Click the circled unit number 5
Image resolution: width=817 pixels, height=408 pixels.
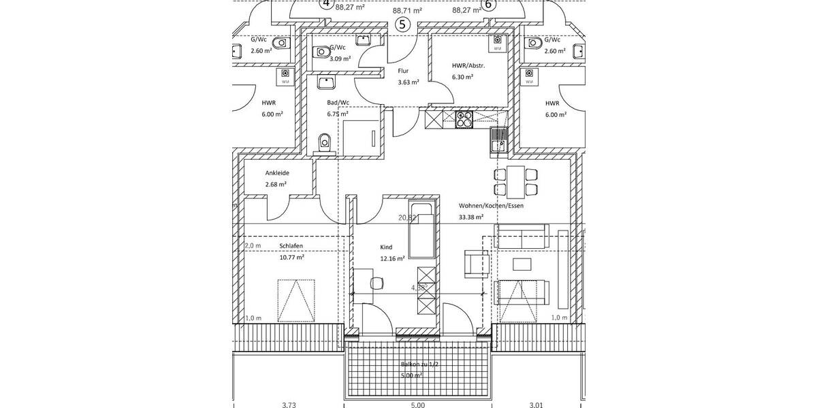pyautogui.click(x=402, y=25)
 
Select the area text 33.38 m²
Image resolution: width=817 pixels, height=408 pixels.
pyautogui.click(x=470, y=218)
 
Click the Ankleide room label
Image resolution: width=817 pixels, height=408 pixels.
pyautogui.click(x=277, y=173)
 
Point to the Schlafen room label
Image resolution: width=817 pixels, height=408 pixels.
pyautogui.click(x=291, y=245)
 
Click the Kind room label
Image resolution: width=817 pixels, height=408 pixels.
pyautogui.click(x=387, y=248)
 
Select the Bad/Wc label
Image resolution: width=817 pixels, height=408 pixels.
pyautogui.click(x=338, y=103)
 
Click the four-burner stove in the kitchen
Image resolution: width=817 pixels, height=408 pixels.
pyautogui.click(x=464, y=120)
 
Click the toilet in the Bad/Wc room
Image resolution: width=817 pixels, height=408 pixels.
pyautogui.click(x=325, y=143)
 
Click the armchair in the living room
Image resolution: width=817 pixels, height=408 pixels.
pyautogui.click(x=476, y=264)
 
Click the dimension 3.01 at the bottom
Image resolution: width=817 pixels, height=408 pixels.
pyautogui.click(x=536, y=405)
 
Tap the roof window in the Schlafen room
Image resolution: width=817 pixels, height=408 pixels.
pyautogui.click(x=296, y=300)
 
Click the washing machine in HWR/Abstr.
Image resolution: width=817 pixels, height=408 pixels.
pyautogui.click(x=498, y=43)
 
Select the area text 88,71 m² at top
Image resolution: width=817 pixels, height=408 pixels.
pyautogui.click(x=407, y=11)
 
